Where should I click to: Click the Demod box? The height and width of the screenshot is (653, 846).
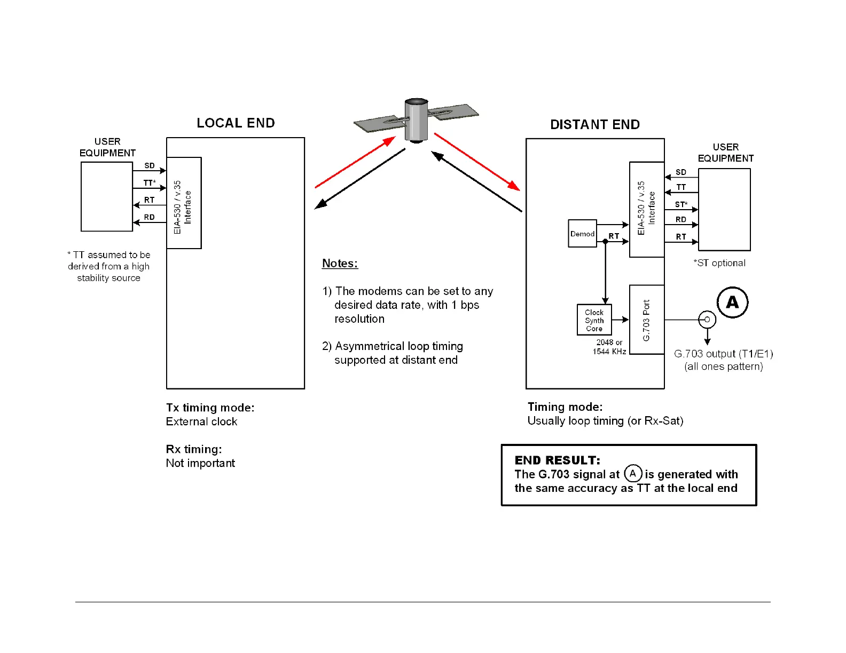(582, 234)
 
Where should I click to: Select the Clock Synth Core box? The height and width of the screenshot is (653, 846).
(594, 320)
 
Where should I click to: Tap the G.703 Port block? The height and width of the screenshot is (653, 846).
(647, 320)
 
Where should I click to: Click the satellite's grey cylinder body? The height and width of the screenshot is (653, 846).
(416, 120)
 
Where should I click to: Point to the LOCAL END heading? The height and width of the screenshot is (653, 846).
(236, 123)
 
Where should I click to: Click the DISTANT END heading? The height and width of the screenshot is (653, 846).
(595, 125)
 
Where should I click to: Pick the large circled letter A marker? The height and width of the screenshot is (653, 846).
(732, 302)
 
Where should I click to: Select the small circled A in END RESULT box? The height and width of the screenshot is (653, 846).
(633, 473)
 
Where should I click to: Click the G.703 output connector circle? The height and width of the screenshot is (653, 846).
(707, 320)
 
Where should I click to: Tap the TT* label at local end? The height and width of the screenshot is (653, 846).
(150, 183)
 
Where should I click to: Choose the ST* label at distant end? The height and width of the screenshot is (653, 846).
(681, 204)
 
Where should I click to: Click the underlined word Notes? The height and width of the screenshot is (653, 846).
(340, 264)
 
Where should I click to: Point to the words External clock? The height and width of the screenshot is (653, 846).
(201, 421)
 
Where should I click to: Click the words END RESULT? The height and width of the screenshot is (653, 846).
(557, 460)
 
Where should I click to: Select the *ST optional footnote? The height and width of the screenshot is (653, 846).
(719, 263)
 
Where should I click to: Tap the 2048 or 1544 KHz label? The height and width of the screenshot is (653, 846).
(609, 347)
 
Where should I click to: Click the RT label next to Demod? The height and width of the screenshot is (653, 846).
(614, 236)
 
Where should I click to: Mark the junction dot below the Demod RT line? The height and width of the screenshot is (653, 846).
(605, 242)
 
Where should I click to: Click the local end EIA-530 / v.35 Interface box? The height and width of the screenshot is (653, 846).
(184, 203)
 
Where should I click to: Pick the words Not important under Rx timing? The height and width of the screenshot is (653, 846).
(200, 463)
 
